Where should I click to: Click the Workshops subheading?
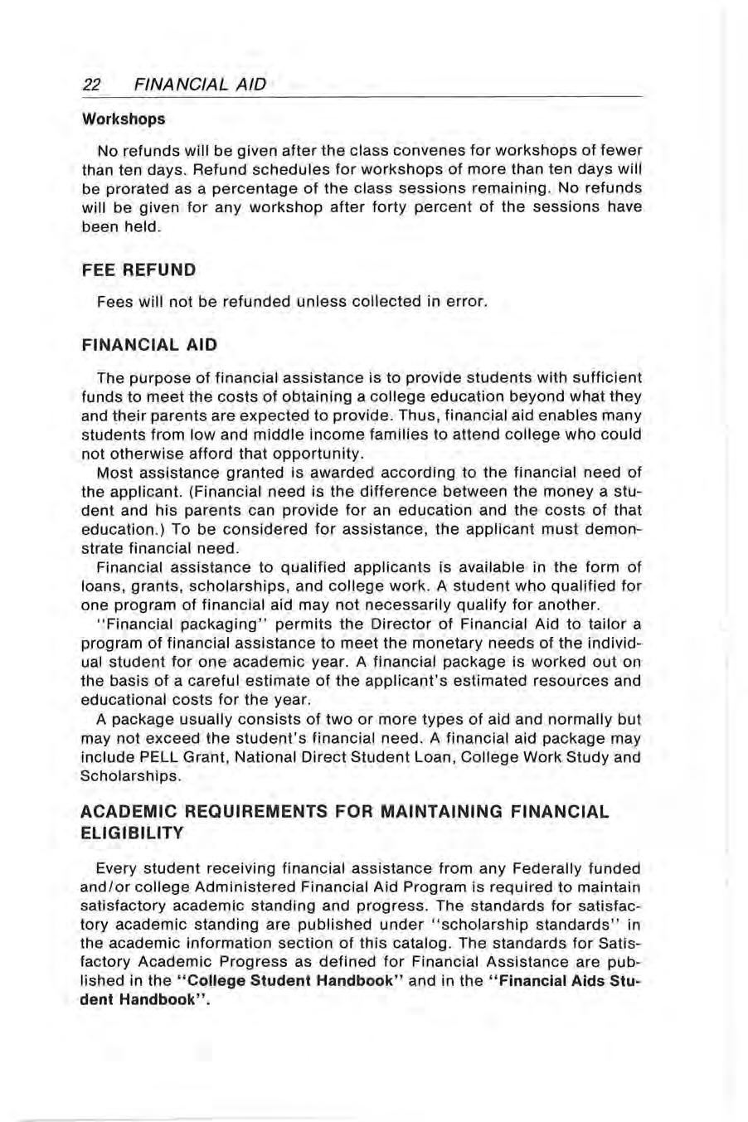(124, 119)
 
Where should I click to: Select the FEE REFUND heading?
(138, 270)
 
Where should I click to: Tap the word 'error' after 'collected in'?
(463, 302)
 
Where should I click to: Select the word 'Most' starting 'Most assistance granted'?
(114, 473)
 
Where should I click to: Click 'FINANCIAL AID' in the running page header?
(199, 85)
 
